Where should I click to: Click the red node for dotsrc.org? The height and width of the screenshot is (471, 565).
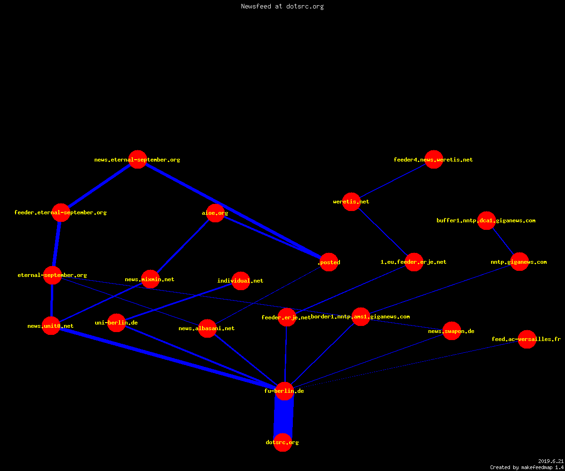pyautogui.click(x=282, y=442)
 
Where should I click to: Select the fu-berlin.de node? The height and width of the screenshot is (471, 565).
pyautogui.click(x=284, y=391)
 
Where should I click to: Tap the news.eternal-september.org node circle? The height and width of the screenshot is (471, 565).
pyautogui.click(x=138, y=160)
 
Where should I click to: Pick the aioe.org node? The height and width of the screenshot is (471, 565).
pyautogui.click(x=215, y=213)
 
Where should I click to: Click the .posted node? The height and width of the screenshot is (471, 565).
pyautogui.click(x=329, y=262)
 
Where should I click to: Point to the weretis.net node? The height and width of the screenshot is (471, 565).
pyautogui.click(x=352, y=202)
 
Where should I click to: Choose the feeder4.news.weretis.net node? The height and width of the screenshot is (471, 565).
pyautogui.click(x=434, y=160)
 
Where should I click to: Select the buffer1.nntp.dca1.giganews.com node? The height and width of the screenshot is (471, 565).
pyautogui.click(x=486, y=220)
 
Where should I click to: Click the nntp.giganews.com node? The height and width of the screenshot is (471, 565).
pyautogui.click(x=519, y=262)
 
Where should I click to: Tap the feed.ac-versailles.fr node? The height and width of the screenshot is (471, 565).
pyautogui.click(x=527, y=339)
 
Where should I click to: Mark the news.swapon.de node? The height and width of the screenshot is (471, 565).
pyautogui.click(x=452, y=331)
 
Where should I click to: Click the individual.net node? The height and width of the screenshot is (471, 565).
pyautogui.click(x=241, y=281)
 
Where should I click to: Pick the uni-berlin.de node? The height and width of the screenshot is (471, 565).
pyautogui.click(x=117, y=323)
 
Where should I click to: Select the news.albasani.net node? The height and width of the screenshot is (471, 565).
pyautogui.click(x=207, y=328)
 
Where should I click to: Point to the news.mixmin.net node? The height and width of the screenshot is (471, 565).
pyautogui.click(x=151, y=279)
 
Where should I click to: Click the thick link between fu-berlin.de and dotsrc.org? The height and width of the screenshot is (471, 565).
pyautogui.click(x=283, y=417)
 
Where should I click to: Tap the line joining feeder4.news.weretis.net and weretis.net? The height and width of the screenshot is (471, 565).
pyautogui.click(x=393, y=180)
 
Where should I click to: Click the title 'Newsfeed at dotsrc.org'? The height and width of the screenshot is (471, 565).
pyautogui.click(x=282, y=6)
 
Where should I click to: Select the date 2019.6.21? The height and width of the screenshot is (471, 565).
pyautogui.click(x=551, y=461)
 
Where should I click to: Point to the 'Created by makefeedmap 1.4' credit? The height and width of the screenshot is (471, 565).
pyautogui.click(x=527, y=467)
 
